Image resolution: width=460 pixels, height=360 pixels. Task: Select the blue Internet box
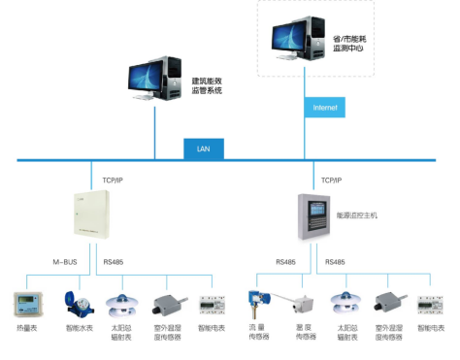[324, 107]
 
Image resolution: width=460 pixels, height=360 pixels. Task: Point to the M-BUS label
[65, 261]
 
